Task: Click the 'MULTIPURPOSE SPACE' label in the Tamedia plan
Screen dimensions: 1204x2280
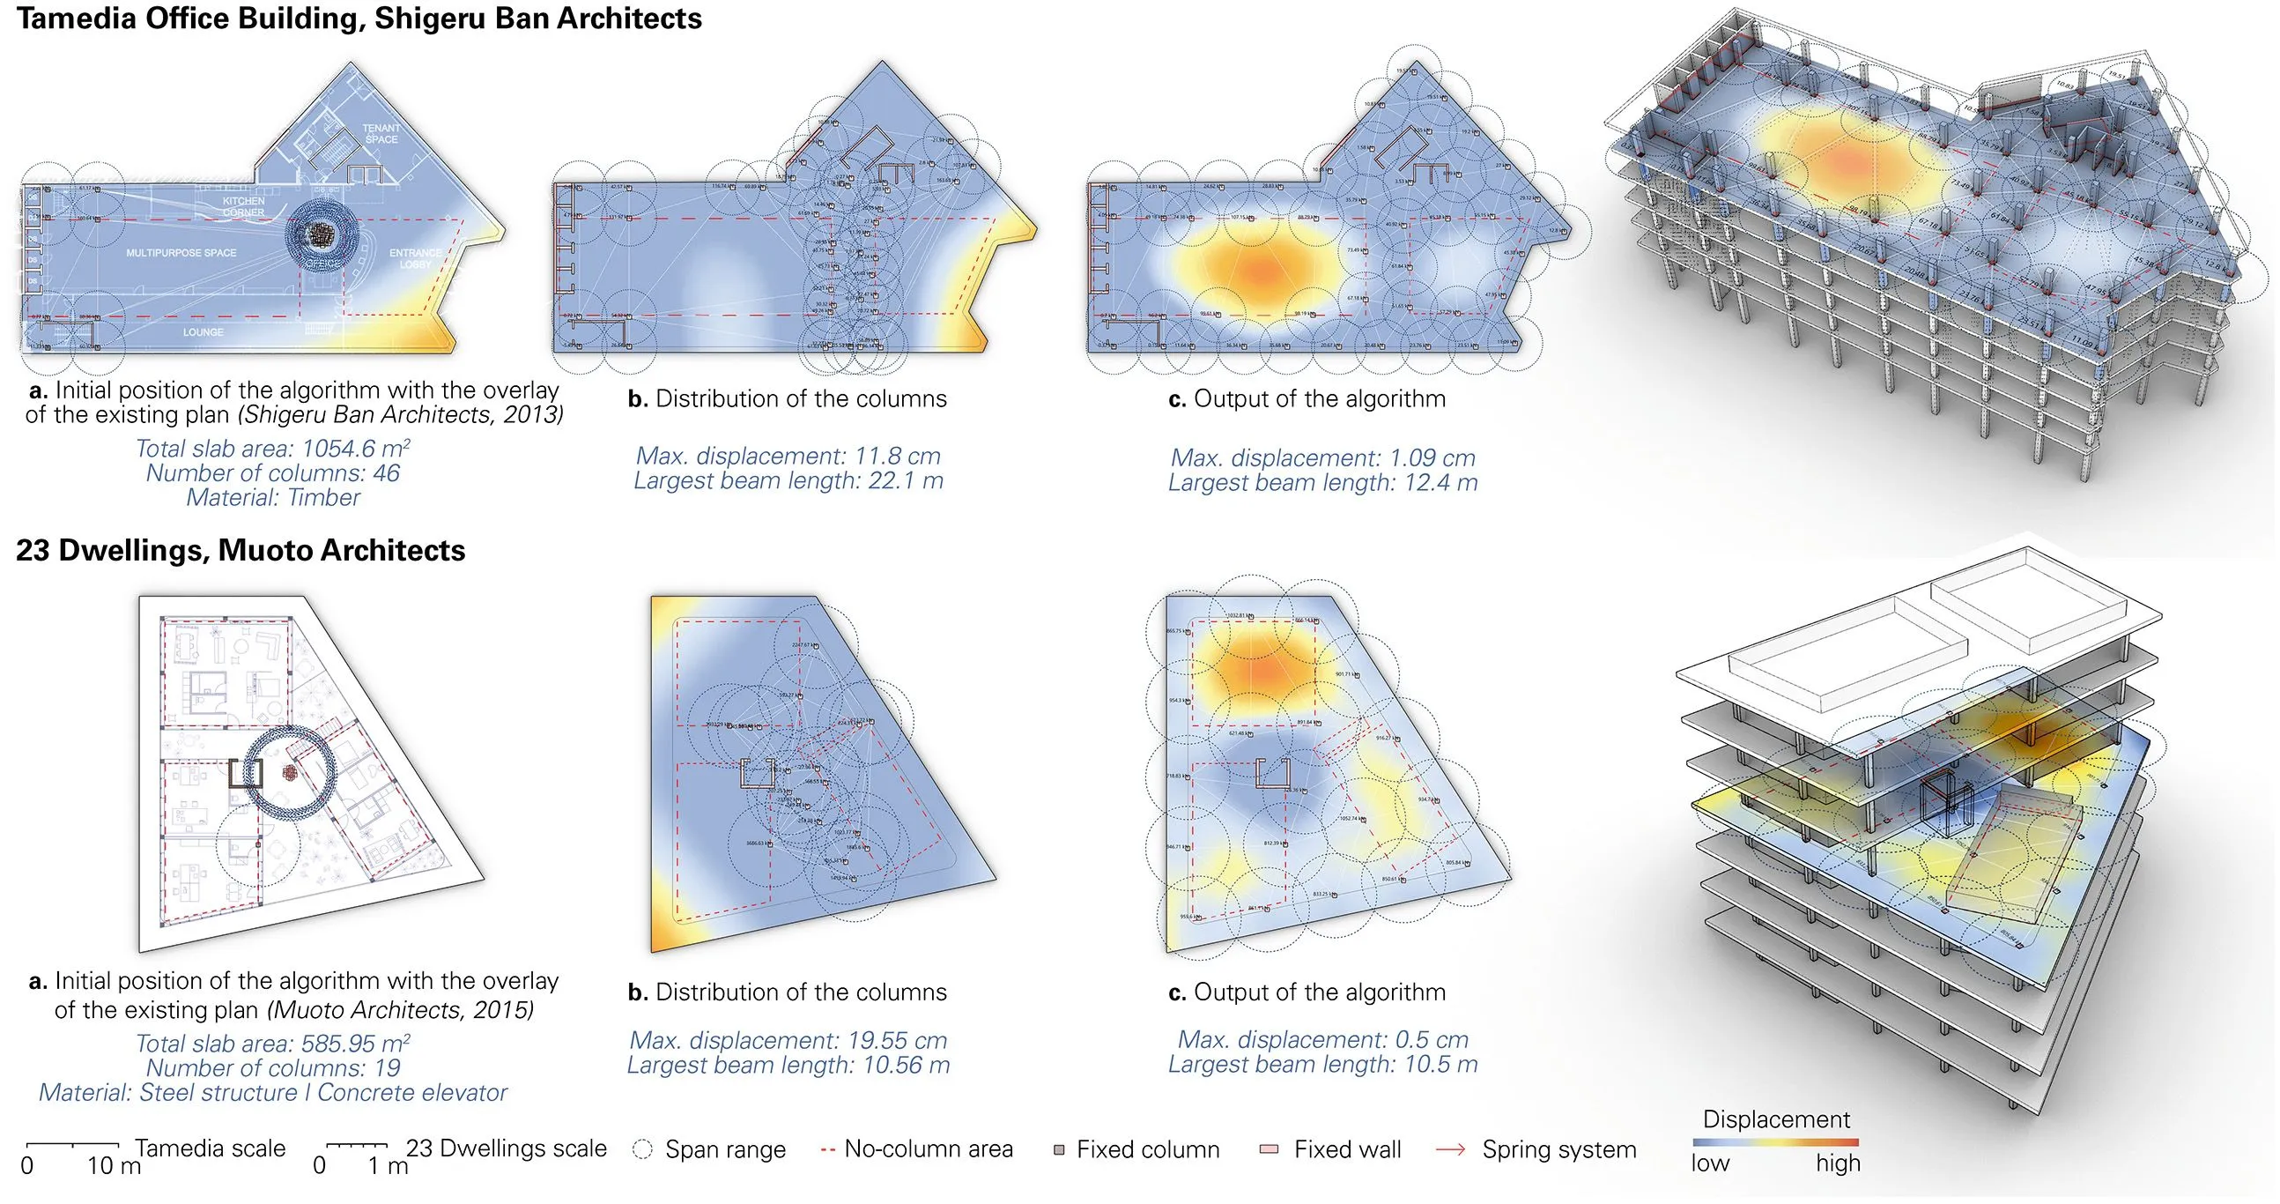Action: [x=181, y=253]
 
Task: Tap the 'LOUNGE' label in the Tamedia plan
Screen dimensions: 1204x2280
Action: [x=203, y=333]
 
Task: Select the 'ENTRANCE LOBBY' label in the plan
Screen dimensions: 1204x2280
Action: [x=415, y=258]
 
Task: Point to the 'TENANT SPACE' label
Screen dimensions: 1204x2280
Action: [x=381, y=134]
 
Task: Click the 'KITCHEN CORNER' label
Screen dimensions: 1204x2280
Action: [x=243, y=207]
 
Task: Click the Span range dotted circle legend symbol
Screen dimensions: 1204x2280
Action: [x=642, y=1149]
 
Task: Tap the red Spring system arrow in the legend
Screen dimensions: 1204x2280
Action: [x=1450, y=1149]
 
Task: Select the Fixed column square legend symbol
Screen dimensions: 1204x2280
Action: [x=1059, y=1150]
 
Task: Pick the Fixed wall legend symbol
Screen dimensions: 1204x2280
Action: [x=1269, y=1149]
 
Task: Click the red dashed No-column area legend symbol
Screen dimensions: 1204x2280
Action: [x=827, y=1149]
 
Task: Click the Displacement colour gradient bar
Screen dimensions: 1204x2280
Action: [x=1774, y=1143]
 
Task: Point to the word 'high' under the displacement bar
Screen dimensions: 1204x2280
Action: [x=1838, y=1163]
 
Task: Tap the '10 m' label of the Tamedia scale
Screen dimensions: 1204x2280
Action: [x=115, y=1166]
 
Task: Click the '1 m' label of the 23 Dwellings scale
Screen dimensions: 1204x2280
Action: [x=388, y=1166]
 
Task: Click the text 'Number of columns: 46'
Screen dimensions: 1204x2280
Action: [x=272, y=473]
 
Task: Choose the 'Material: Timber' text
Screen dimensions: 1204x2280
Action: [x=272, y=497]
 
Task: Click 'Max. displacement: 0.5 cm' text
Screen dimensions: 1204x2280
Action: [x=1322, y=1039]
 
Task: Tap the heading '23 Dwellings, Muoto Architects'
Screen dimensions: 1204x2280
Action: [x=240, y=551]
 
